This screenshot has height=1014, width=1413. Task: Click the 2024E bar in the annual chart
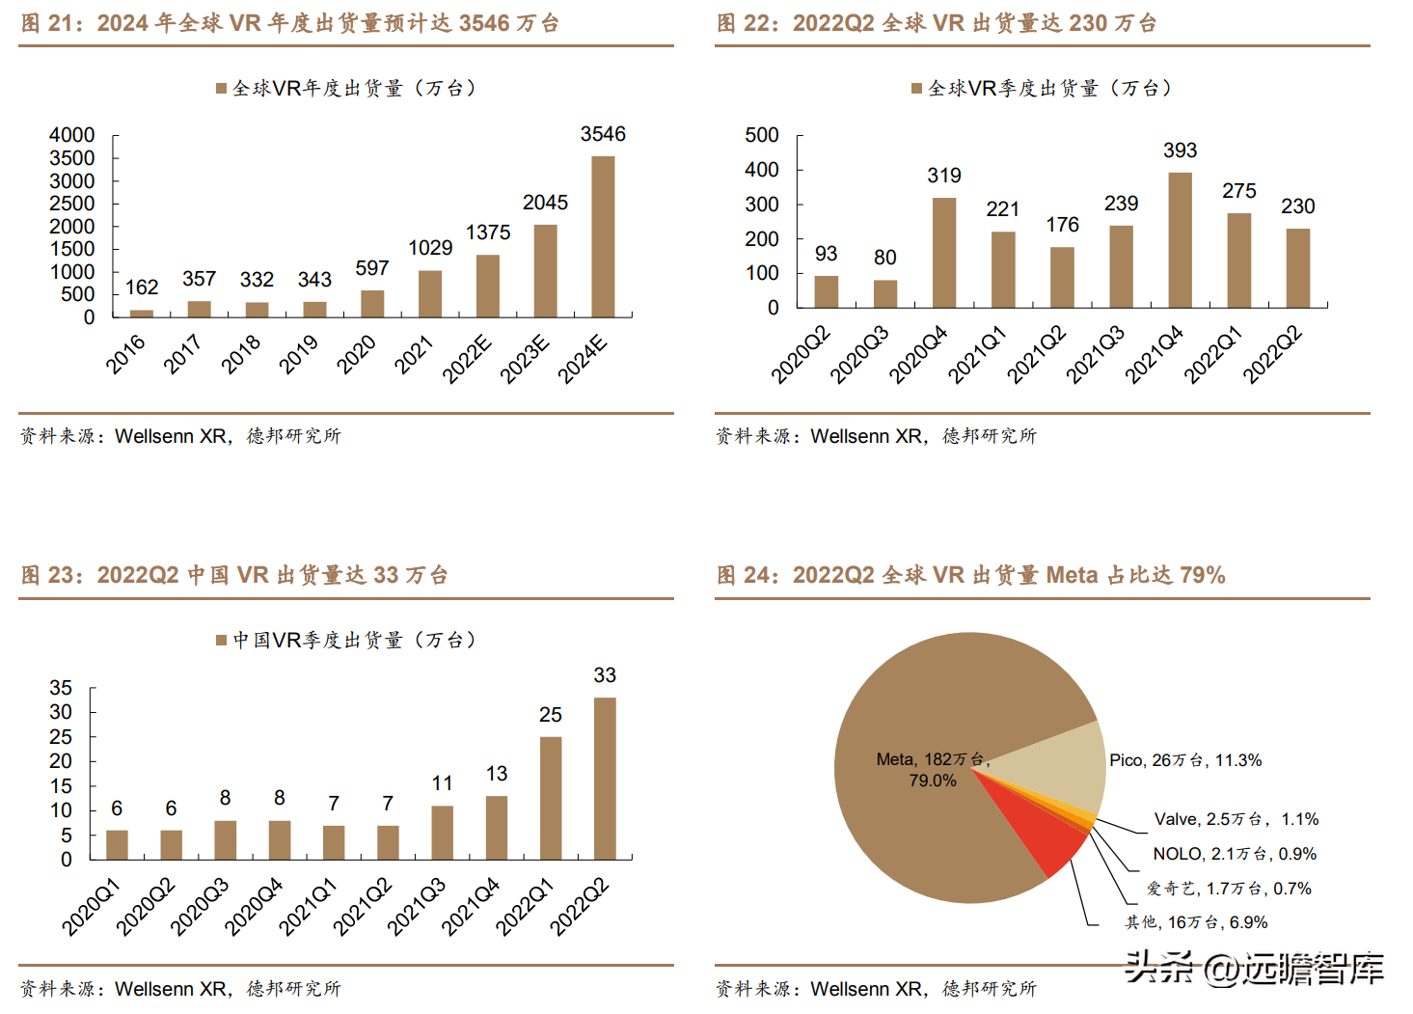(x=603, y=236)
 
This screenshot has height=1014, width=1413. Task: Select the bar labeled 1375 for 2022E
(x=488, y=286)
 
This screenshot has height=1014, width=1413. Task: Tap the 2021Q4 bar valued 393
(x=1180, y=240)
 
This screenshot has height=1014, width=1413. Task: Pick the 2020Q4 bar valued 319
(x=944, y=253)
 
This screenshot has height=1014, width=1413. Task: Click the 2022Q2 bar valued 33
(x=605, y=778)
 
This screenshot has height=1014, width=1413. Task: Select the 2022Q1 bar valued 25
(x=551, y=798)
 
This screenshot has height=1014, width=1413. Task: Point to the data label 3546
(x=603, y=134)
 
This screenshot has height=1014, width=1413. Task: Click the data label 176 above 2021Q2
(x=1062, y=225)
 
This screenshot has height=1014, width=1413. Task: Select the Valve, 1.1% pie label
(x=1236, y=819)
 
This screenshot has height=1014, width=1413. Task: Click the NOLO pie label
(x=1234, y=854)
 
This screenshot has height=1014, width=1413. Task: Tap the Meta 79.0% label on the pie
(x=932, y=770)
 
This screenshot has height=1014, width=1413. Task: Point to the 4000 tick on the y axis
(x=72, y=135)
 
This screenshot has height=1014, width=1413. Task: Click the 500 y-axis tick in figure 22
(x=762, y=135)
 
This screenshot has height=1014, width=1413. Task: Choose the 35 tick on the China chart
(x=61, y=688)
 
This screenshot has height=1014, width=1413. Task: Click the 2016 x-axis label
(x=125, y=354)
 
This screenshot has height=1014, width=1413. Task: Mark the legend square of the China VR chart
(x=221, y=640)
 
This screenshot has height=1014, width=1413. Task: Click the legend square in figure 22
(x=916, y=89)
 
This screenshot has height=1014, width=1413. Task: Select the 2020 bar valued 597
(x=372, y=303)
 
